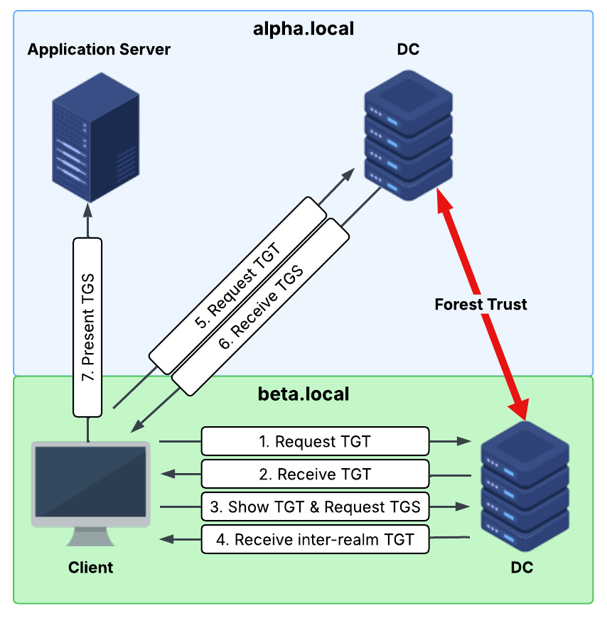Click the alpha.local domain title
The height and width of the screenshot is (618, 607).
point(303,29)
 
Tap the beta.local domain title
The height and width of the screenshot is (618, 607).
point(303,394)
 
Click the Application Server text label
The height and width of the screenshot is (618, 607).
point(99,50)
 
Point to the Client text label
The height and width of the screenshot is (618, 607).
point(90,568)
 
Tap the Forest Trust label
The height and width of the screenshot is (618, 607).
point(480,305)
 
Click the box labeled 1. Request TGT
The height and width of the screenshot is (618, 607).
point(315,441)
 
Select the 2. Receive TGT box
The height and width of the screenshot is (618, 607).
point(315,474)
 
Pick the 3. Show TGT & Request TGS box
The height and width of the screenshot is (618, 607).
point(315,506)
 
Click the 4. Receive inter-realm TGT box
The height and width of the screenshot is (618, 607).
point(315,539)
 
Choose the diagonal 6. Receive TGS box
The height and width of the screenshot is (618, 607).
point(263,307)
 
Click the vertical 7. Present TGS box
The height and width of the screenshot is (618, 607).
point(88,326)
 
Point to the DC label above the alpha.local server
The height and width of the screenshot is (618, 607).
point(409,50)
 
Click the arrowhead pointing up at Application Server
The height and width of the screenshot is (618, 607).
point(88,211)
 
